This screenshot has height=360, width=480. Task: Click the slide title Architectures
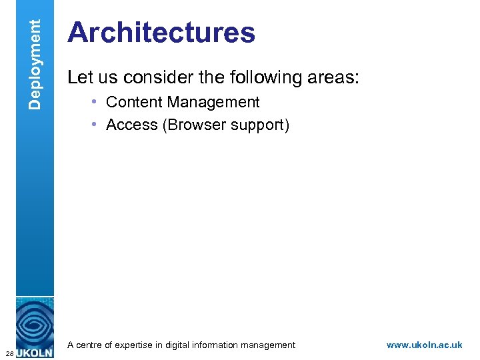(161, 33)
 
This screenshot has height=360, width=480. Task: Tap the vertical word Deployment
(36, 64)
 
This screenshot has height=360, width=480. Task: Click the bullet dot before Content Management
(96, 102)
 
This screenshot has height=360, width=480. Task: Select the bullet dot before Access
(96, 125)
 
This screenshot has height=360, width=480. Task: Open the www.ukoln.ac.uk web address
(424, 345)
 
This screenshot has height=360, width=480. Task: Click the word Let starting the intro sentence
(80, 78)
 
